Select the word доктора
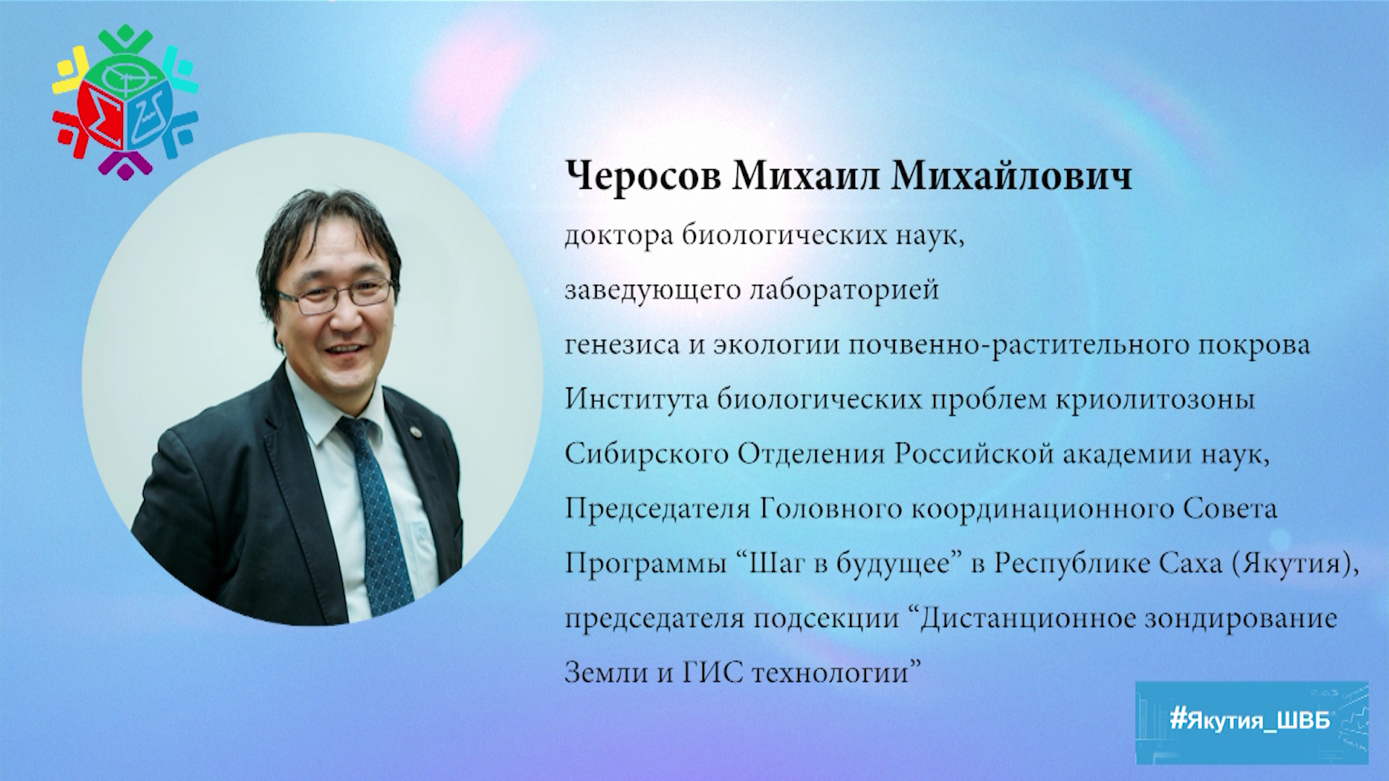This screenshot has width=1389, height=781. coord(620,236)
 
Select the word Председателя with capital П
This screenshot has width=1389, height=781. coord(657,510)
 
